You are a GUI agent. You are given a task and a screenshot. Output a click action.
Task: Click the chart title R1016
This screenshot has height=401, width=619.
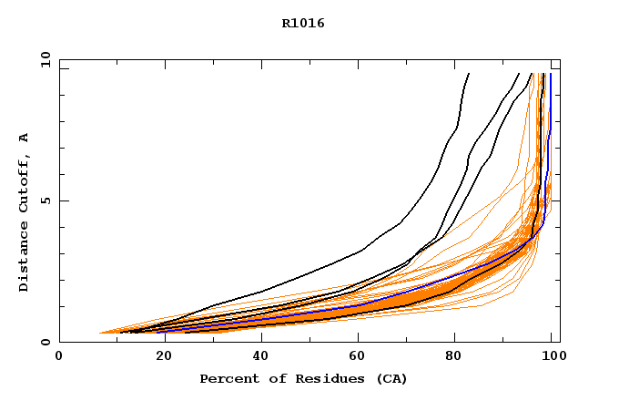pyautogui.click(x=303, y=24)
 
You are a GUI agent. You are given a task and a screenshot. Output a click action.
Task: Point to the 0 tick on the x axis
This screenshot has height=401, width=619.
pyautogui.click(x=59, y=355)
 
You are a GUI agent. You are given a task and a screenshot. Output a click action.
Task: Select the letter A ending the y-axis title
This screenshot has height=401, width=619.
pyautogui.click(x=25, y=138)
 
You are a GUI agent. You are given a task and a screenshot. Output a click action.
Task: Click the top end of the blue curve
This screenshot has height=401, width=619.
pyautogui.click(x=550, y=74)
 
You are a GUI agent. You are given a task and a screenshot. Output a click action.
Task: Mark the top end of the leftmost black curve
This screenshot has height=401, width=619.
pyautogui.click(x=469, y=74)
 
